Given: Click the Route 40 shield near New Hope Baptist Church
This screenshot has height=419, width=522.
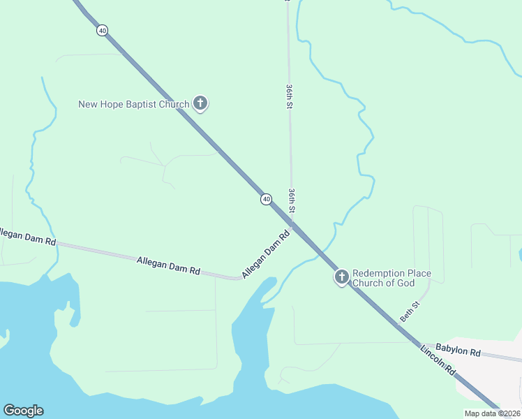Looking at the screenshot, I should coord(103,30).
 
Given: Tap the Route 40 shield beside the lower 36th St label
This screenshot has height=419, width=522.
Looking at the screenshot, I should coord(266,200).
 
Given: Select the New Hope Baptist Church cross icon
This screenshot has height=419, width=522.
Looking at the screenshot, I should coord(200,104).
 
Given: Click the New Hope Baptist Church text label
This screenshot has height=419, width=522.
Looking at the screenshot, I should coord(133,105).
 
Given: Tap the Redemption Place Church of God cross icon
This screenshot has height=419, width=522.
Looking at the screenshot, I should coord(341,278).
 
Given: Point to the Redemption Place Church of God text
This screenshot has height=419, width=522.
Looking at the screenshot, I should coord(391,278).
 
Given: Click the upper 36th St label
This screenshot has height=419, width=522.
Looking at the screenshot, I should coord(288,96).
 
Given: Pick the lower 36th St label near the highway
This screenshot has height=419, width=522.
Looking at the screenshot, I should coord(292,200).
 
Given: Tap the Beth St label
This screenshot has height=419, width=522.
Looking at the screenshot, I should coord(410,311).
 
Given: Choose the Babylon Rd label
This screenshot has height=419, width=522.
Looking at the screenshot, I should coord(458,350).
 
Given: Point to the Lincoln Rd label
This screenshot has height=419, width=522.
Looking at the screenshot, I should coord(437,358).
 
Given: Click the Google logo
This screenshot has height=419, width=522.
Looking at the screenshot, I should coord(23,411).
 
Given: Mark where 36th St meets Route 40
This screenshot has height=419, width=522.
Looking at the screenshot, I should coord(292,223).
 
